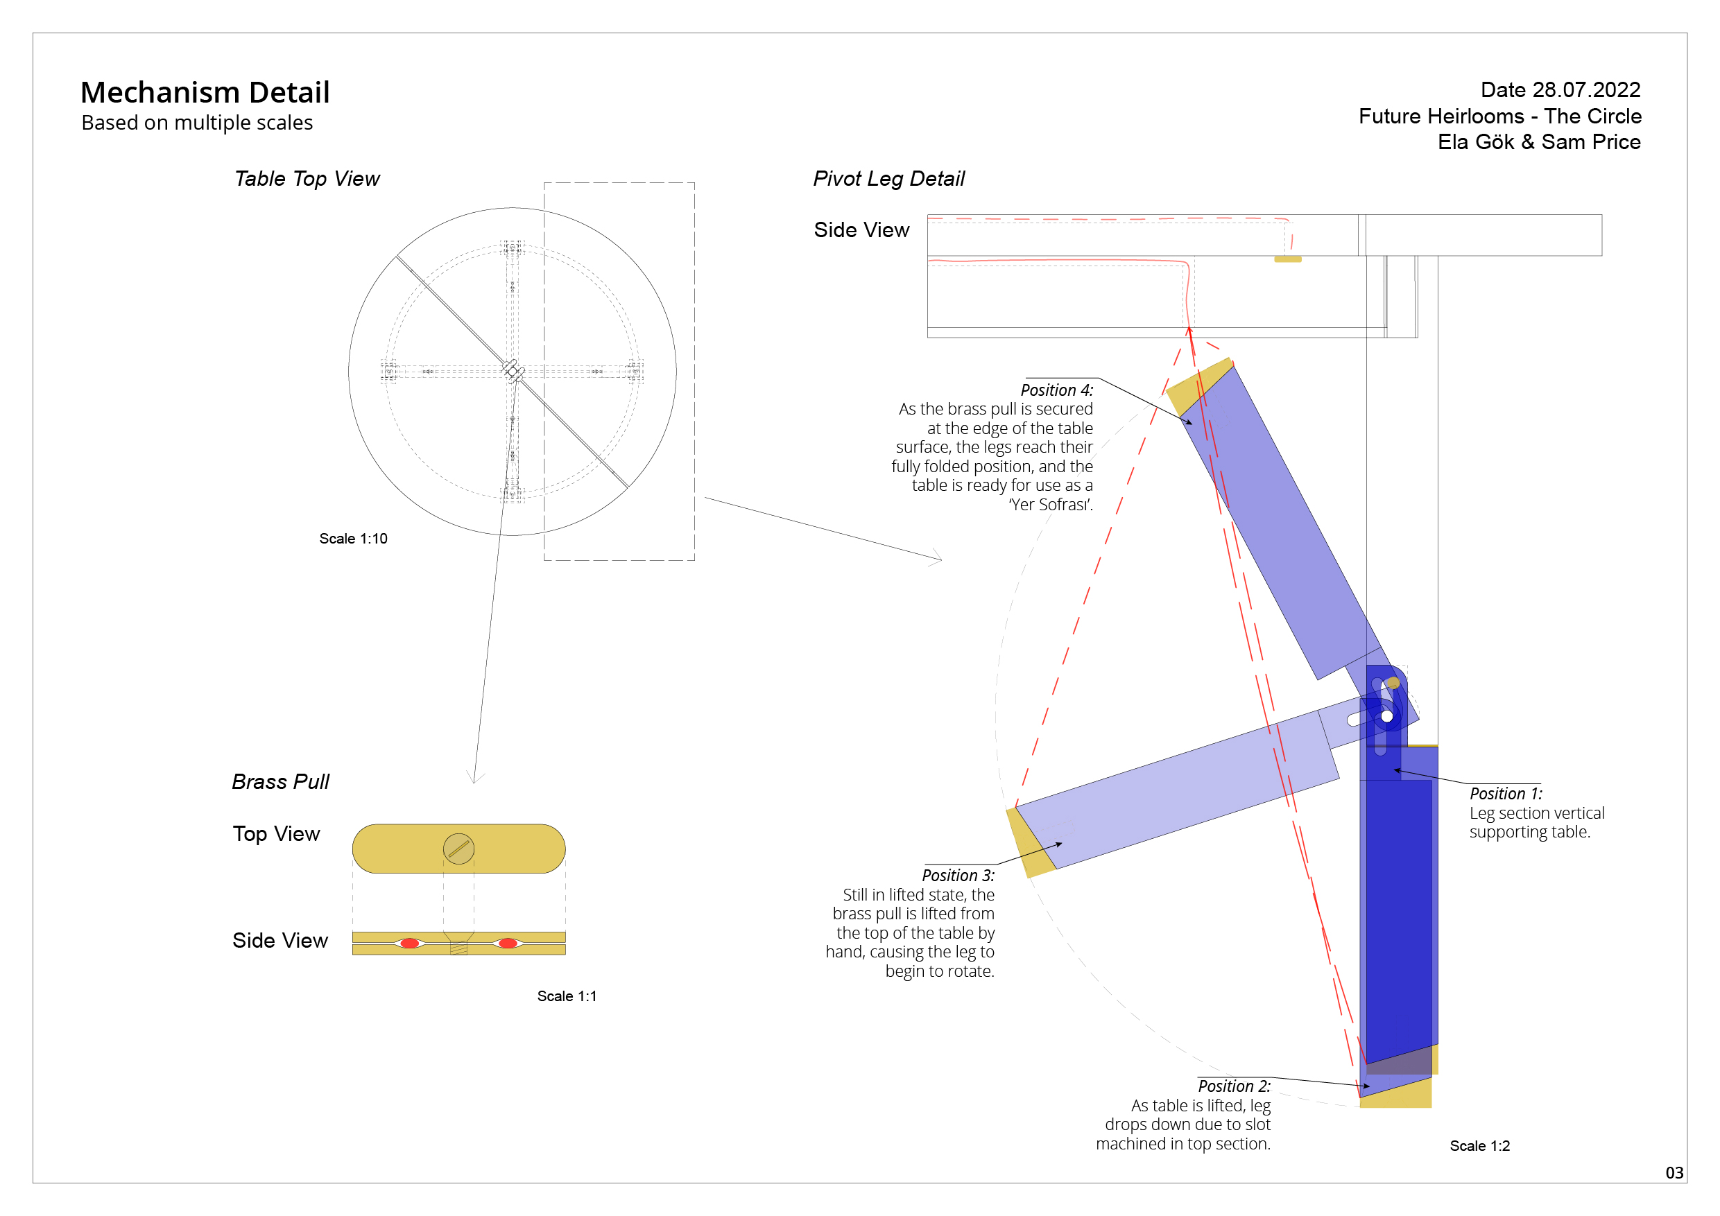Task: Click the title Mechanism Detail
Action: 205,93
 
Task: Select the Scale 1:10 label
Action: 354,539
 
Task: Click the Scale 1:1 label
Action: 567,996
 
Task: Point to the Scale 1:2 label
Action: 1479,1145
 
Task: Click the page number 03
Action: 1674,1172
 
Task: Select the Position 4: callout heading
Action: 1056,390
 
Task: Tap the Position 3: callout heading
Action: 958,876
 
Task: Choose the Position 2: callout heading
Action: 1234,1086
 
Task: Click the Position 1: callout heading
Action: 1506,794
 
